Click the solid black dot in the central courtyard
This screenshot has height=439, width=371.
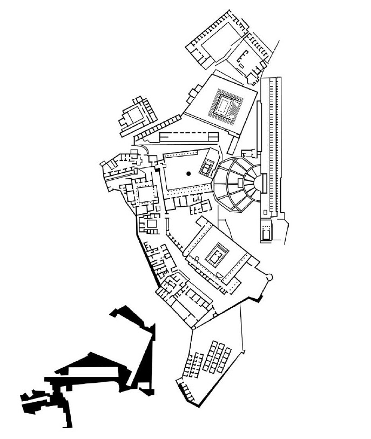click(x=188, y=173)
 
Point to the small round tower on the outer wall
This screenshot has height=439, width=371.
click(x=270, y=277)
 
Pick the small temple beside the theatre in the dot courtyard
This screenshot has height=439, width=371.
click(x=206, y=168)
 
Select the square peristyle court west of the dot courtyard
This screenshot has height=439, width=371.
click(x=144, y=193)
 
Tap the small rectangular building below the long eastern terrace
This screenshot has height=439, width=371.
click(x=266, y=229)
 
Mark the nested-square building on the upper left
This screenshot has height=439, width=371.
click(x=133, y=115)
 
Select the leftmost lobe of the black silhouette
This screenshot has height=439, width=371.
click(x=30, y=400)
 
